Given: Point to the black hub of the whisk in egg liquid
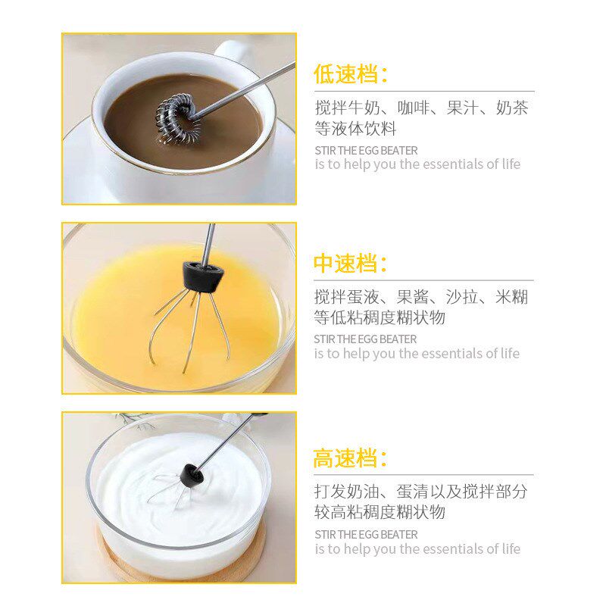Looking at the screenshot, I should pos(198,275).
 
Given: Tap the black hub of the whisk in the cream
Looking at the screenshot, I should pos(193,476).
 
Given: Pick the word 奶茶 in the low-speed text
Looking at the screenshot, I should pos(512,108).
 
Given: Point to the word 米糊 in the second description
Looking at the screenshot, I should pos(512,297).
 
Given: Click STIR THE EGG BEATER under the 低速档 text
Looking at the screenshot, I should pos(366,150).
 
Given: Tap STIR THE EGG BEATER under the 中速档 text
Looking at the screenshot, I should pos(366,339).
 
